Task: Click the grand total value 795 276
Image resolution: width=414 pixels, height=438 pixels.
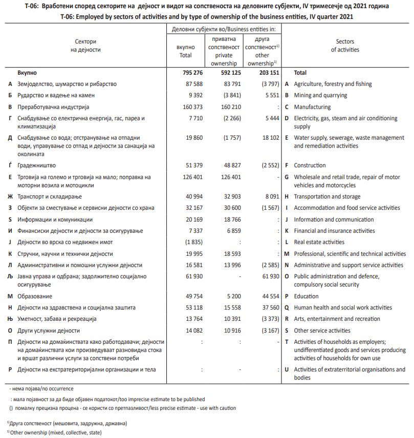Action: click(193, 73)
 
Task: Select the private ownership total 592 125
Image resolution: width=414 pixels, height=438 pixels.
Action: click(227, 73)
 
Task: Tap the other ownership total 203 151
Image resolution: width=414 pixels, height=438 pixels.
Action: click(265, 73)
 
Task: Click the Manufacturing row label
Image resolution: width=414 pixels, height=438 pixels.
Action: click(312, 107)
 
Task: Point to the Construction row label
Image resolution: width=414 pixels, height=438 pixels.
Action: click(310, 165)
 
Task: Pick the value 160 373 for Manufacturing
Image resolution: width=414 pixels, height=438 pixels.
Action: click(193, 107)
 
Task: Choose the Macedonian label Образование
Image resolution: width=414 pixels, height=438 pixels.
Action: click(35, 296)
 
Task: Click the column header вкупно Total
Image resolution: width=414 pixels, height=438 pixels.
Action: click(186, 51)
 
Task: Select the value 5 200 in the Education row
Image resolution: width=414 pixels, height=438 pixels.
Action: click(231, 296)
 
